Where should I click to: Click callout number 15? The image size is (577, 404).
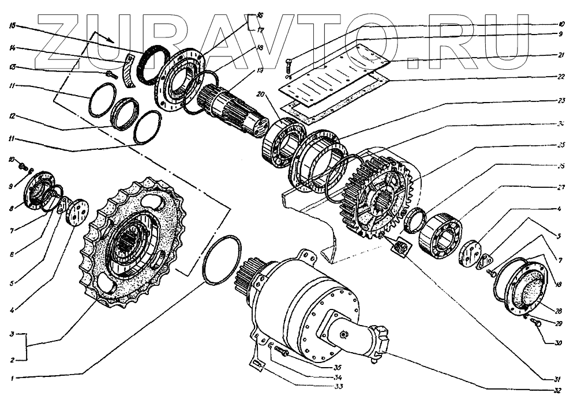pyautogui.click(x=12, y=26)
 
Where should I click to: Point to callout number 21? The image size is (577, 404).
pyautogui.click(x=561, y=55)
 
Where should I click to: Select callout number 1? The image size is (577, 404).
pyautogui.click(x=12, y=378)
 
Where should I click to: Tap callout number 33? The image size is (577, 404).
pyautogui.click(x=329, y=387)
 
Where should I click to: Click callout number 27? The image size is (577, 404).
pyautogui.click(x=561, y=187)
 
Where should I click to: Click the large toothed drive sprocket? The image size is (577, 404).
pyautogui.click(x=133, y=242)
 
